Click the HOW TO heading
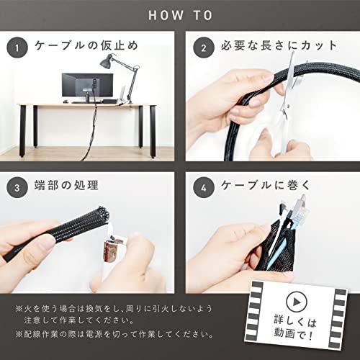[x=179, y=14]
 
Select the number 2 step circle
[x=204, y=47]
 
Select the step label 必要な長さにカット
[x=269, y=47]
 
